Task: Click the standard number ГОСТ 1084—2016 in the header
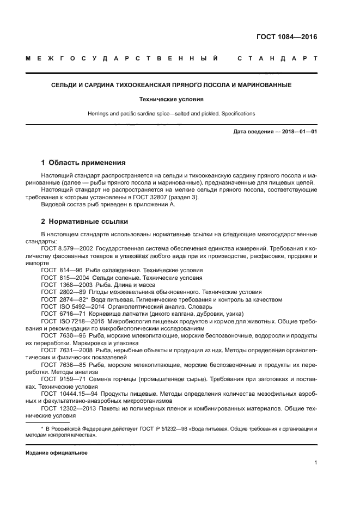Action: click(286, 38)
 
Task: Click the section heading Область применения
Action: click(88, 163)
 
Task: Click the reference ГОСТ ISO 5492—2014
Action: click(70, 306)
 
